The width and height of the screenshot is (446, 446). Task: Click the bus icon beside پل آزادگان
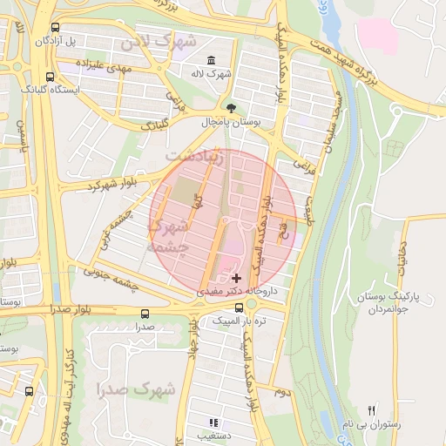(57, 27)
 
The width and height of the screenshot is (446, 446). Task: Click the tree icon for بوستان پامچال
(230, 109)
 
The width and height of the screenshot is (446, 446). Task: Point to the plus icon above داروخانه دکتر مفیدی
(236, 277)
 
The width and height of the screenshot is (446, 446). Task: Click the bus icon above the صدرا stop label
(144, 314)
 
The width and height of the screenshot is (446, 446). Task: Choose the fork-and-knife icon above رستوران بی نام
(372, 410)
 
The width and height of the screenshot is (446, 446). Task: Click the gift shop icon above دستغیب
(214, 423)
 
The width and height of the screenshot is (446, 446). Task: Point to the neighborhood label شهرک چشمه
(170, 236)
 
